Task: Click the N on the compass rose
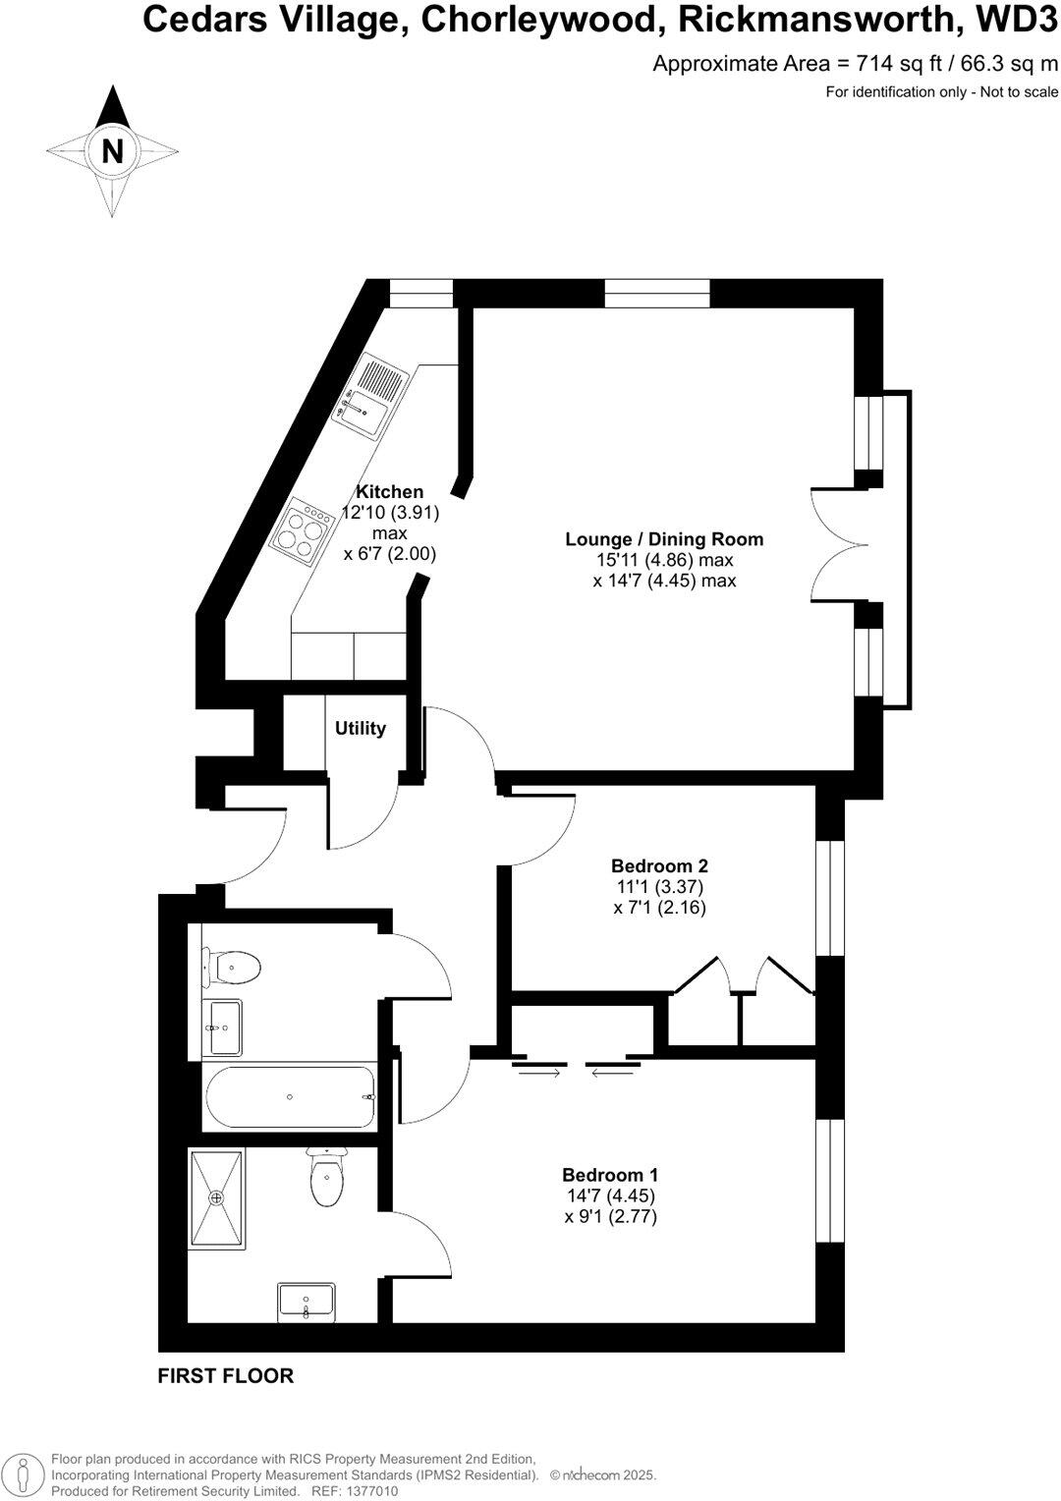113,152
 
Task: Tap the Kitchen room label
390,491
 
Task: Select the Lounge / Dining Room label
664,538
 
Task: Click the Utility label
361,728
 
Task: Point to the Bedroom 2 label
659,865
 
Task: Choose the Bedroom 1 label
610,1175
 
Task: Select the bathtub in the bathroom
290,1096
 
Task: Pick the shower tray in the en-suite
217,1197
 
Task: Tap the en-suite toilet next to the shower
325,1179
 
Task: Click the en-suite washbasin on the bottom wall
307,1303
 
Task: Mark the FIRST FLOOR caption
225,1375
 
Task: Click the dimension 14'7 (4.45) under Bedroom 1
609,1195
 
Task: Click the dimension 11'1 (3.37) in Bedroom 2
659,886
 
